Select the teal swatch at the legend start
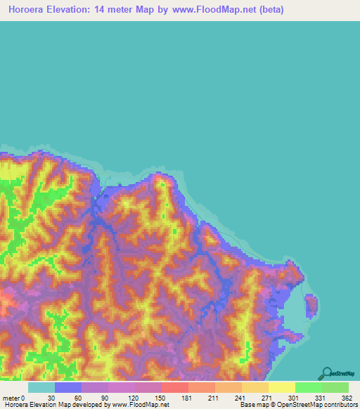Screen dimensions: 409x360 pos(41,387)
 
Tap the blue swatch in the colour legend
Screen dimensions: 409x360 pos(68,387)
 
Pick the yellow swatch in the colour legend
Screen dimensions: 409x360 pos(282,387)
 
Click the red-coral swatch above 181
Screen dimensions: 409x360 pos(175,387)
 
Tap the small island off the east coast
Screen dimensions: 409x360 pos(310,306)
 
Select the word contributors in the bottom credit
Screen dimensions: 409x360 pos(339,405)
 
